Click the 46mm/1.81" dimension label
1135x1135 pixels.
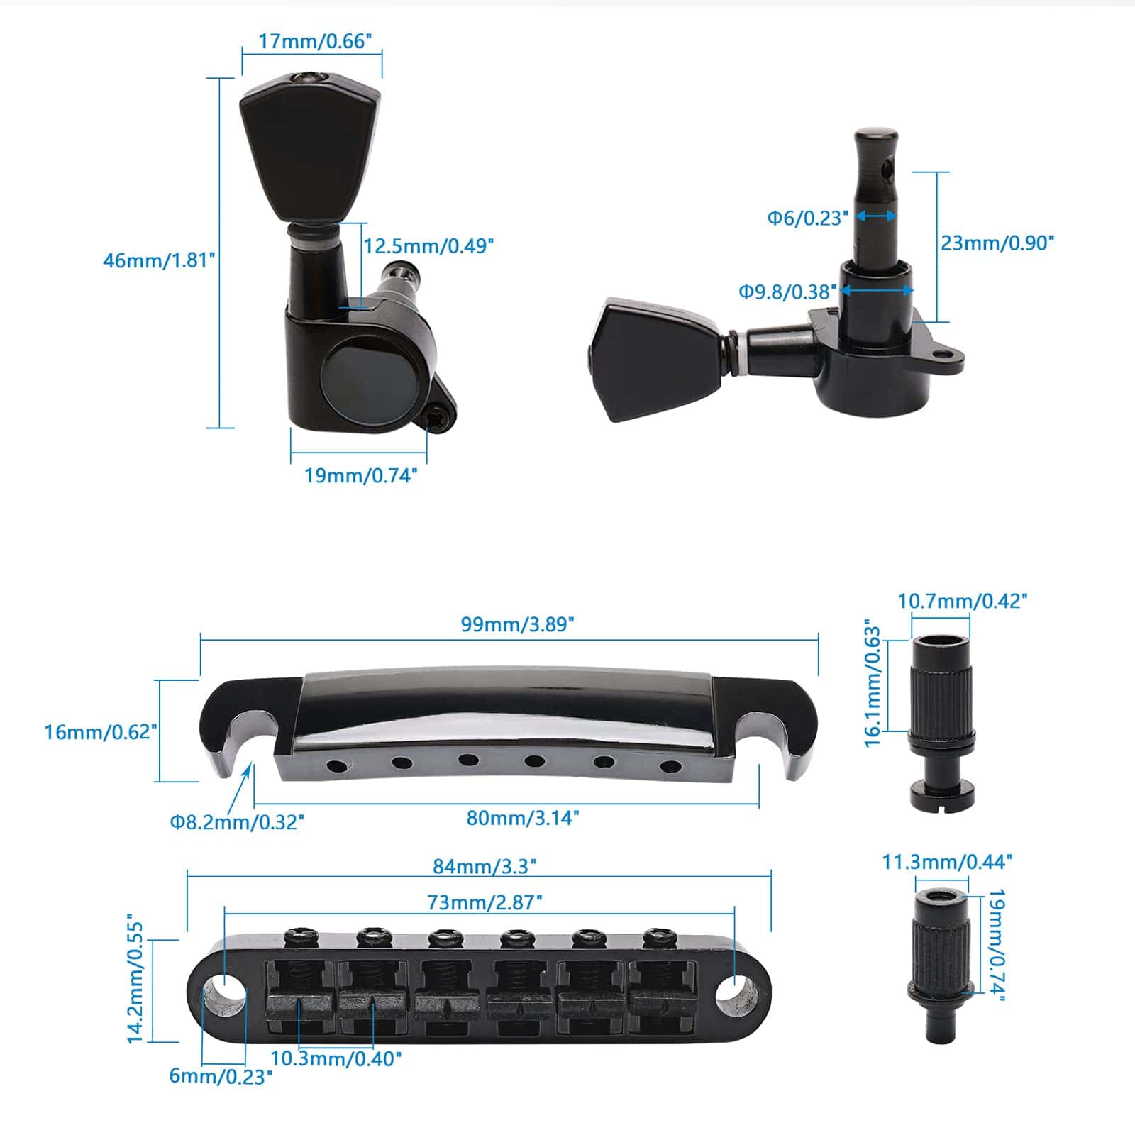coord(159,260)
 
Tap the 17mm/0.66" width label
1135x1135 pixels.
coord(314,41)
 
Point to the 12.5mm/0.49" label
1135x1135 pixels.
coord(428,246)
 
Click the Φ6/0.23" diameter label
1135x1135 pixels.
coord(808,218)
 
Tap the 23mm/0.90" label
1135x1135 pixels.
coord(997,243)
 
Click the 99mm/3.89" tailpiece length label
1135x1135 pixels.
coord(517,624)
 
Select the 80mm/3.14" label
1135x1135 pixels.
coord(523,818)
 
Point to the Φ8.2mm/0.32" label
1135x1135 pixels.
coord(237,822)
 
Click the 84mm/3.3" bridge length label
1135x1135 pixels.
coord(485,866)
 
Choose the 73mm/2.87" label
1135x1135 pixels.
coord(485,902)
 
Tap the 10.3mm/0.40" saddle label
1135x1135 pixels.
coord(336,1058)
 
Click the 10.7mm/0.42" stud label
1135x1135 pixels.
coord(962,601)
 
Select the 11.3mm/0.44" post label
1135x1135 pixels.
coord(947,862)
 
